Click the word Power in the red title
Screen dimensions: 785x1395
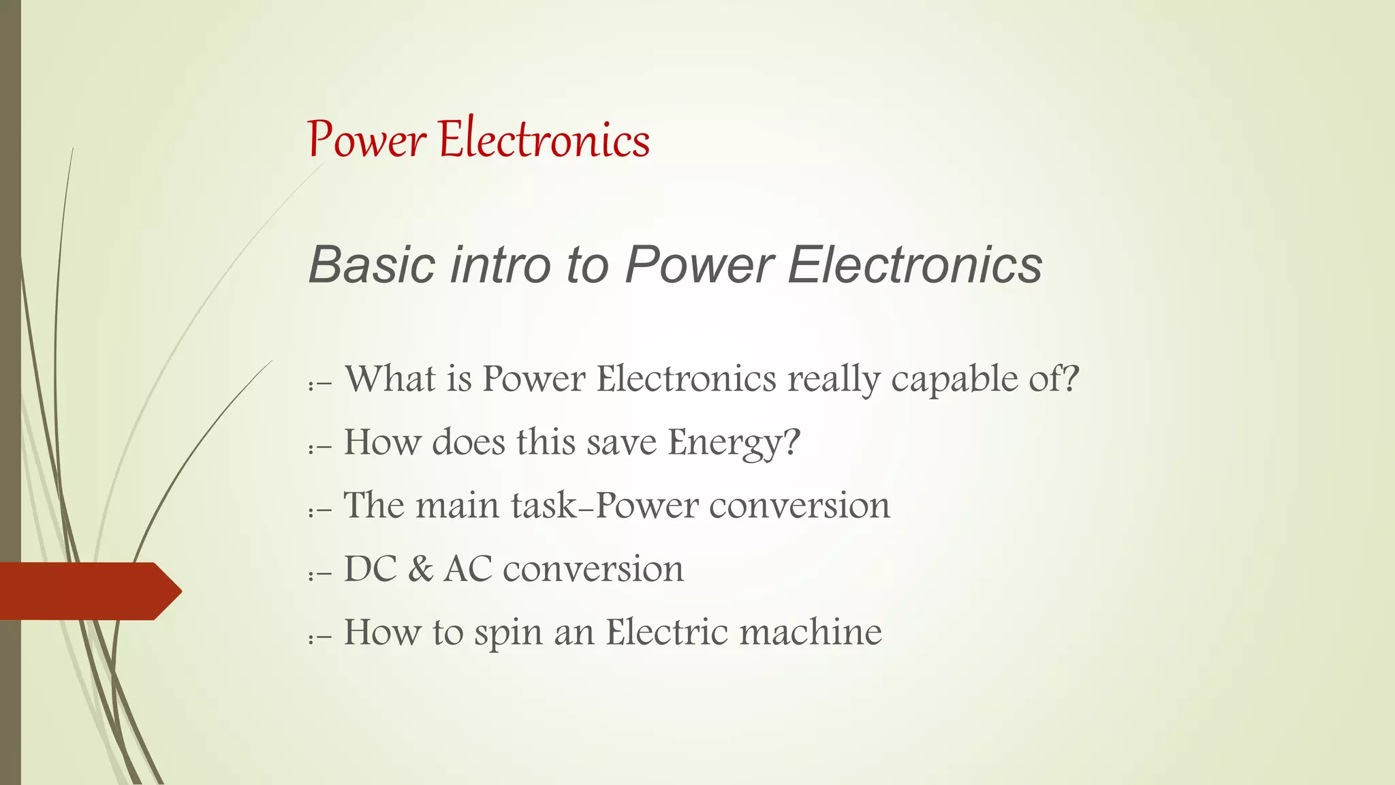(x=367, y=140)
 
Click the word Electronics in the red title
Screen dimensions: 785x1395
(x=544, y=139)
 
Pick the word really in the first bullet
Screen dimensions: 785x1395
(x=834, y=379)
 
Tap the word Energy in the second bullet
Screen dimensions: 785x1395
(x=734, y=442)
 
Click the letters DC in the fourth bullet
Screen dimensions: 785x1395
(x=371, y=568)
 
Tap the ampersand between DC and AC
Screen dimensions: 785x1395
(x=420, y=568)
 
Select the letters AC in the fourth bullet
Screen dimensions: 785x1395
(x=468, y=568)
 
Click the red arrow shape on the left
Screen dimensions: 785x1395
(x=89, y=591)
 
